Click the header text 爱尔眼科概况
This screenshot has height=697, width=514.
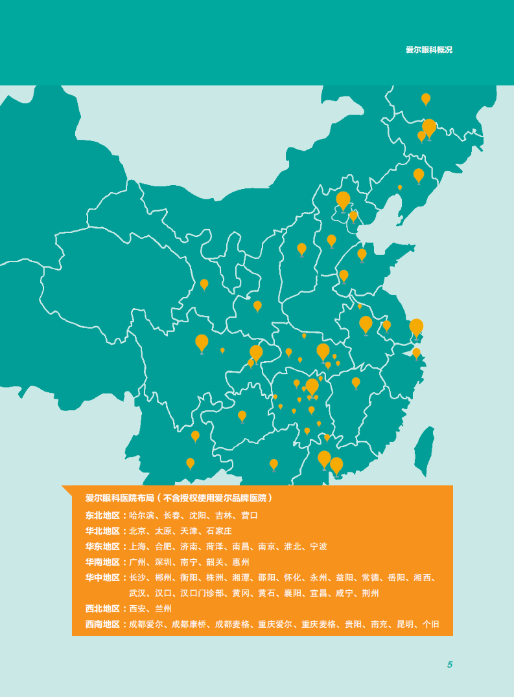tap(428, 50)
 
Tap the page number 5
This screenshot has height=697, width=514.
tap(449, 665)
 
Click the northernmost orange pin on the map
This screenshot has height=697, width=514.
tap(426, 98)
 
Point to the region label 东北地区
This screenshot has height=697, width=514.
tap(102, 516)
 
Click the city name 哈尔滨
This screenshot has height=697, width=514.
tap(142, 516)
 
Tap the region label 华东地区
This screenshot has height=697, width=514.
tap(102, 547)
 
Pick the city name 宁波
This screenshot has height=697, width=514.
tap(318, 547)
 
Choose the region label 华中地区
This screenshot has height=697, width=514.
tap(102, 578)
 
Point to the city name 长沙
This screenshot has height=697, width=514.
tap(137, 578)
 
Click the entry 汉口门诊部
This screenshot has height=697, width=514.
tap(202, 593)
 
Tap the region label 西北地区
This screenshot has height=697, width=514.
tap(102, 609)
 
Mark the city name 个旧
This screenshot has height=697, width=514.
tap(430, 625)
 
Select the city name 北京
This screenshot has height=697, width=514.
tap(137, 531)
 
